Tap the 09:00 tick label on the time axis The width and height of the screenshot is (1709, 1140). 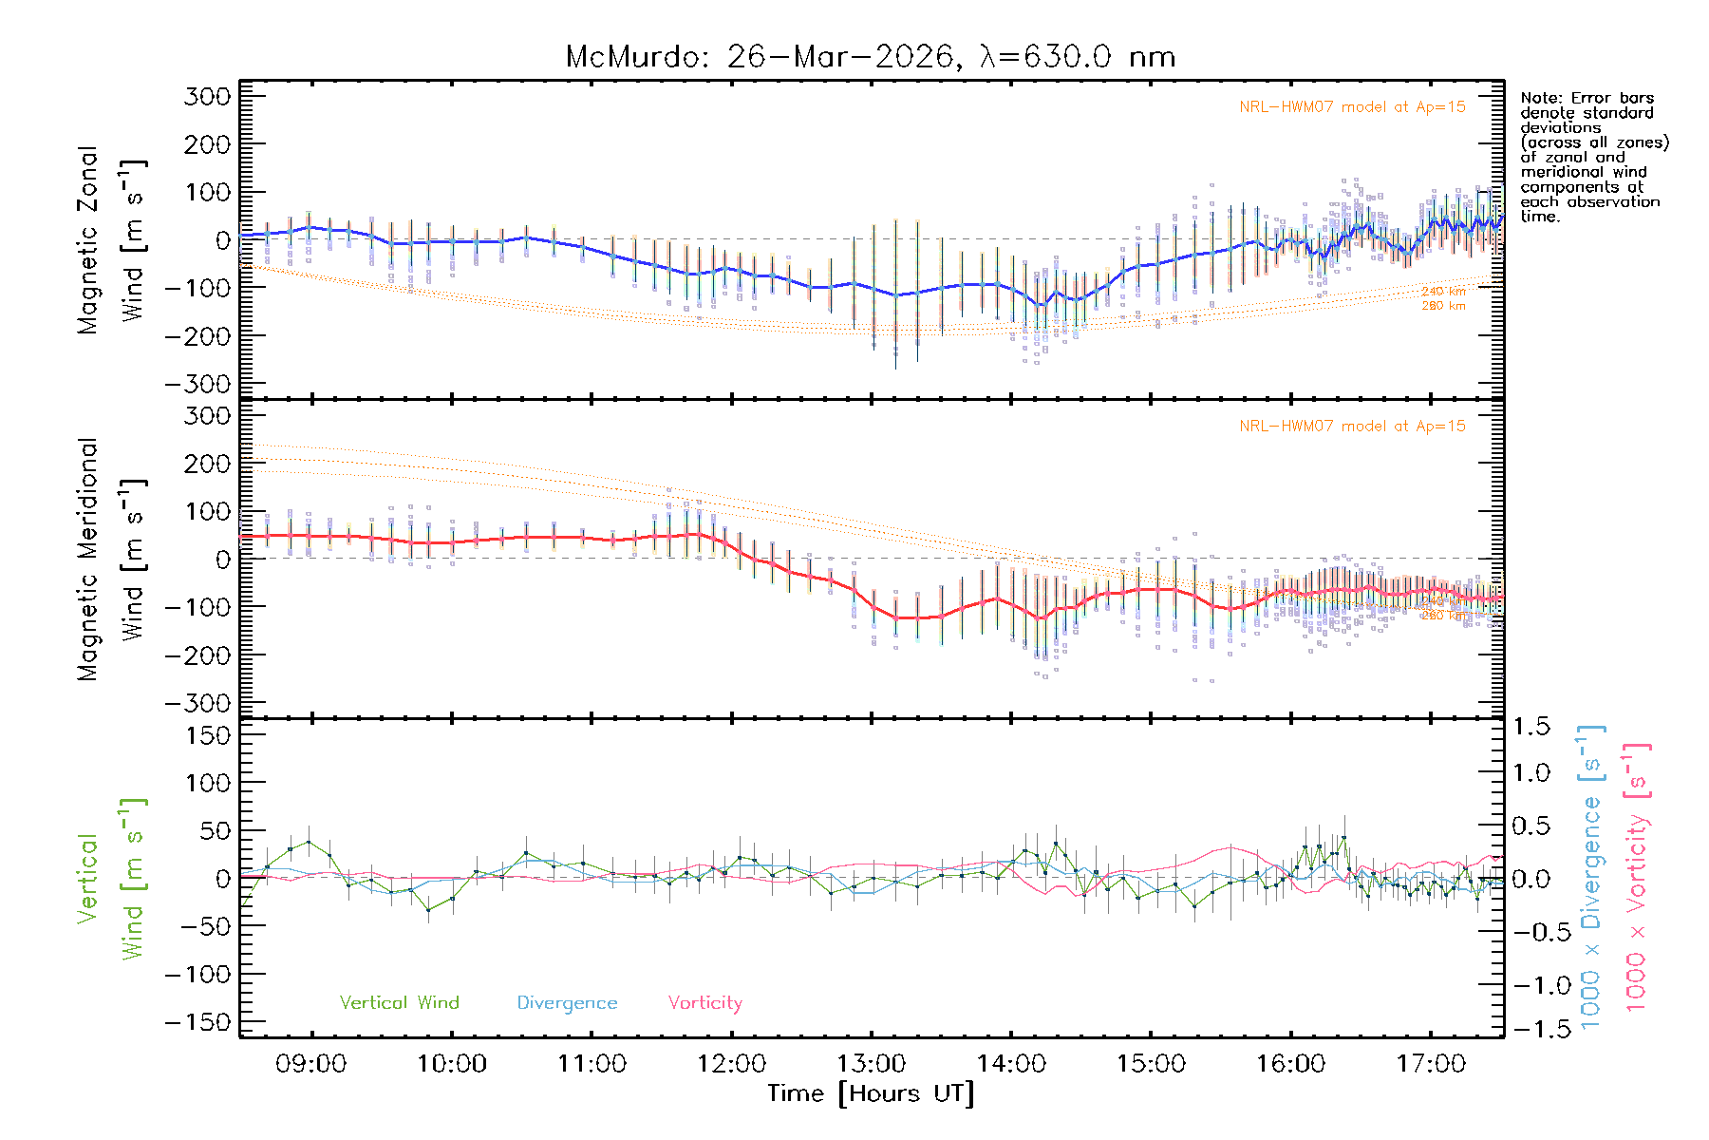(311, 1064)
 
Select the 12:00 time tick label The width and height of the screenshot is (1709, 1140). (731, 1064)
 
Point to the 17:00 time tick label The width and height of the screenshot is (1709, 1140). (1431, 1064)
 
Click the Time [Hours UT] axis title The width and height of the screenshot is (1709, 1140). (871, 1093)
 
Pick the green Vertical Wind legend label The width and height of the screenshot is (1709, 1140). (399, 1002)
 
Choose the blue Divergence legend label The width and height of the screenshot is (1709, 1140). (567, 1003)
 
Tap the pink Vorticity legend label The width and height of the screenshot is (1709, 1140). (704, 1002)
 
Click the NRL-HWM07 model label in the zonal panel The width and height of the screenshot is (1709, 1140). (1352, 107)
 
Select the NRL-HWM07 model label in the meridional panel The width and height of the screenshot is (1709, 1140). (1352, 427)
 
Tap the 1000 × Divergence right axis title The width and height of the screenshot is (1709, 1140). (1591, 878)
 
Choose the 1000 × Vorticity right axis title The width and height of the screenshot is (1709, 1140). (1637, 878)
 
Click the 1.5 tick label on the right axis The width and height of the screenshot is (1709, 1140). (1531, 727)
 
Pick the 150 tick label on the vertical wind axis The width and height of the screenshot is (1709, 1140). (208, 735)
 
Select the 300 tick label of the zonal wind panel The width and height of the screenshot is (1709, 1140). (208, 96)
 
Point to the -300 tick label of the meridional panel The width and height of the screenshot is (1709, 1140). (198, 703)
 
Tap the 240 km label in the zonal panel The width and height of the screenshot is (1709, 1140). (1443, 292)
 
